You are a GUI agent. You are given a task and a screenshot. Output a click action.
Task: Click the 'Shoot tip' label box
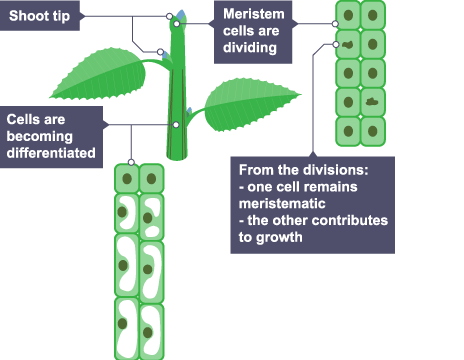[x=40, y=16]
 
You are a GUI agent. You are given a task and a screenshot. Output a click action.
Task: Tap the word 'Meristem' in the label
[x=254, y=14]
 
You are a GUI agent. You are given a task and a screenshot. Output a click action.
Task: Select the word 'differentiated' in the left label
[x=51, y=153]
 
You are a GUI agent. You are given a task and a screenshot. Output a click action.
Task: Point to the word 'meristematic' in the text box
[x=282, y=204]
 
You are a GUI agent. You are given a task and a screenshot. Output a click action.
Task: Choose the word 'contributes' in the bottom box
[x=350, y=220]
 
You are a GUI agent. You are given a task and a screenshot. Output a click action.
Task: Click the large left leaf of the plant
[x=100, y=75]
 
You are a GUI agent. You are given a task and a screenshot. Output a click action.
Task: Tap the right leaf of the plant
[x=250, y=103]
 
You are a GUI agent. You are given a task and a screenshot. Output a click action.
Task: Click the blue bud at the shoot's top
[x=180, y=15]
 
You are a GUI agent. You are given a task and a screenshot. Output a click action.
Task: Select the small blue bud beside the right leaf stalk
[x=189, y=111]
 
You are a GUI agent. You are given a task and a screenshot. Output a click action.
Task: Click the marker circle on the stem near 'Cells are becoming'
[x=176, y=125]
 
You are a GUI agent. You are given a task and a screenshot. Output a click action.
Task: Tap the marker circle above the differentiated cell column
[x=131, y=162]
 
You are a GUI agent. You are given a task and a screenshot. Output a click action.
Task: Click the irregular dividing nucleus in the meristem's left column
[x=348, y=44]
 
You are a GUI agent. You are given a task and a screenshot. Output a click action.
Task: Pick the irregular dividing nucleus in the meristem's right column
[x=372, y=102]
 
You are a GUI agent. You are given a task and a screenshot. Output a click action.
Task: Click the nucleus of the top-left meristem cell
[x=348, y=15]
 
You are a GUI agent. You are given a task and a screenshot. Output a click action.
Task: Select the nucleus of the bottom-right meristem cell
[x=373, y=131]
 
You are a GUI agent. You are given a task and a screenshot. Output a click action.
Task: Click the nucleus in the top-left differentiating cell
[x=127, y=179]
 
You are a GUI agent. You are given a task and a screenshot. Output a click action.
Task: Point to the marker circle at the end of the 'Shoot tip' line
[x=169, y=16]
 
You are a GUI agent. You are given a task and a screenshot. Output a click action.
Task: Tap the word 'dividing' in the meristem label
[x=250, y=48]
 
